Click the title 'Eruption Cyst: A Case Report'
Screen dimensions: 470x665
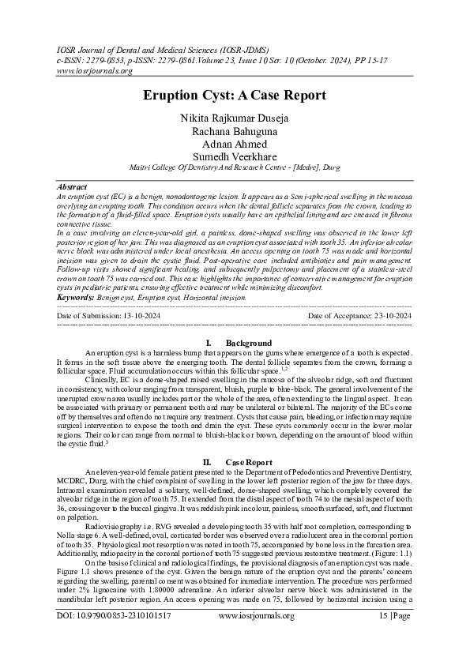pos(235,96)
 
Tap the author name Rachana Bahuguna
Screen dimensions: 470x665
pos(235,131)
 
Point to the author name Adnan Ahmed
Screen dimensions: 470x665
pos(235,145)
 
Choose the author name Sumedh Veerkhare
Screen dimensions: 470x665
pos(235,158)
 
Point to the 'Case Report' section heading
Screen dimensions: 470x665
pos(249,461)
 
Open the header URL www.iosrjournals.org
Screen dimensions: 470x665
pos(82,70)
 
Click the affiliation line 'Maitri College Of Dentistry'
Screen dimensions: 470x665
pos(235,168)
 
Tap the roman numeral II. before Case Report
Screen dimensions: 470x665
pos(208,461)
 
